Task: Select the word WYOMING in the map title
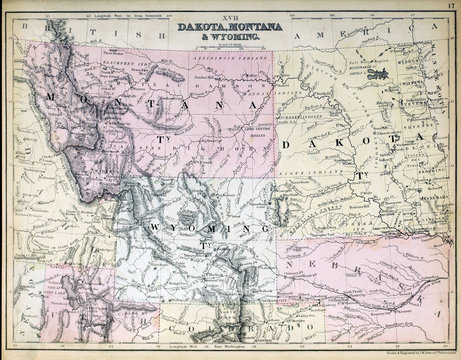click(232, 37)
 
